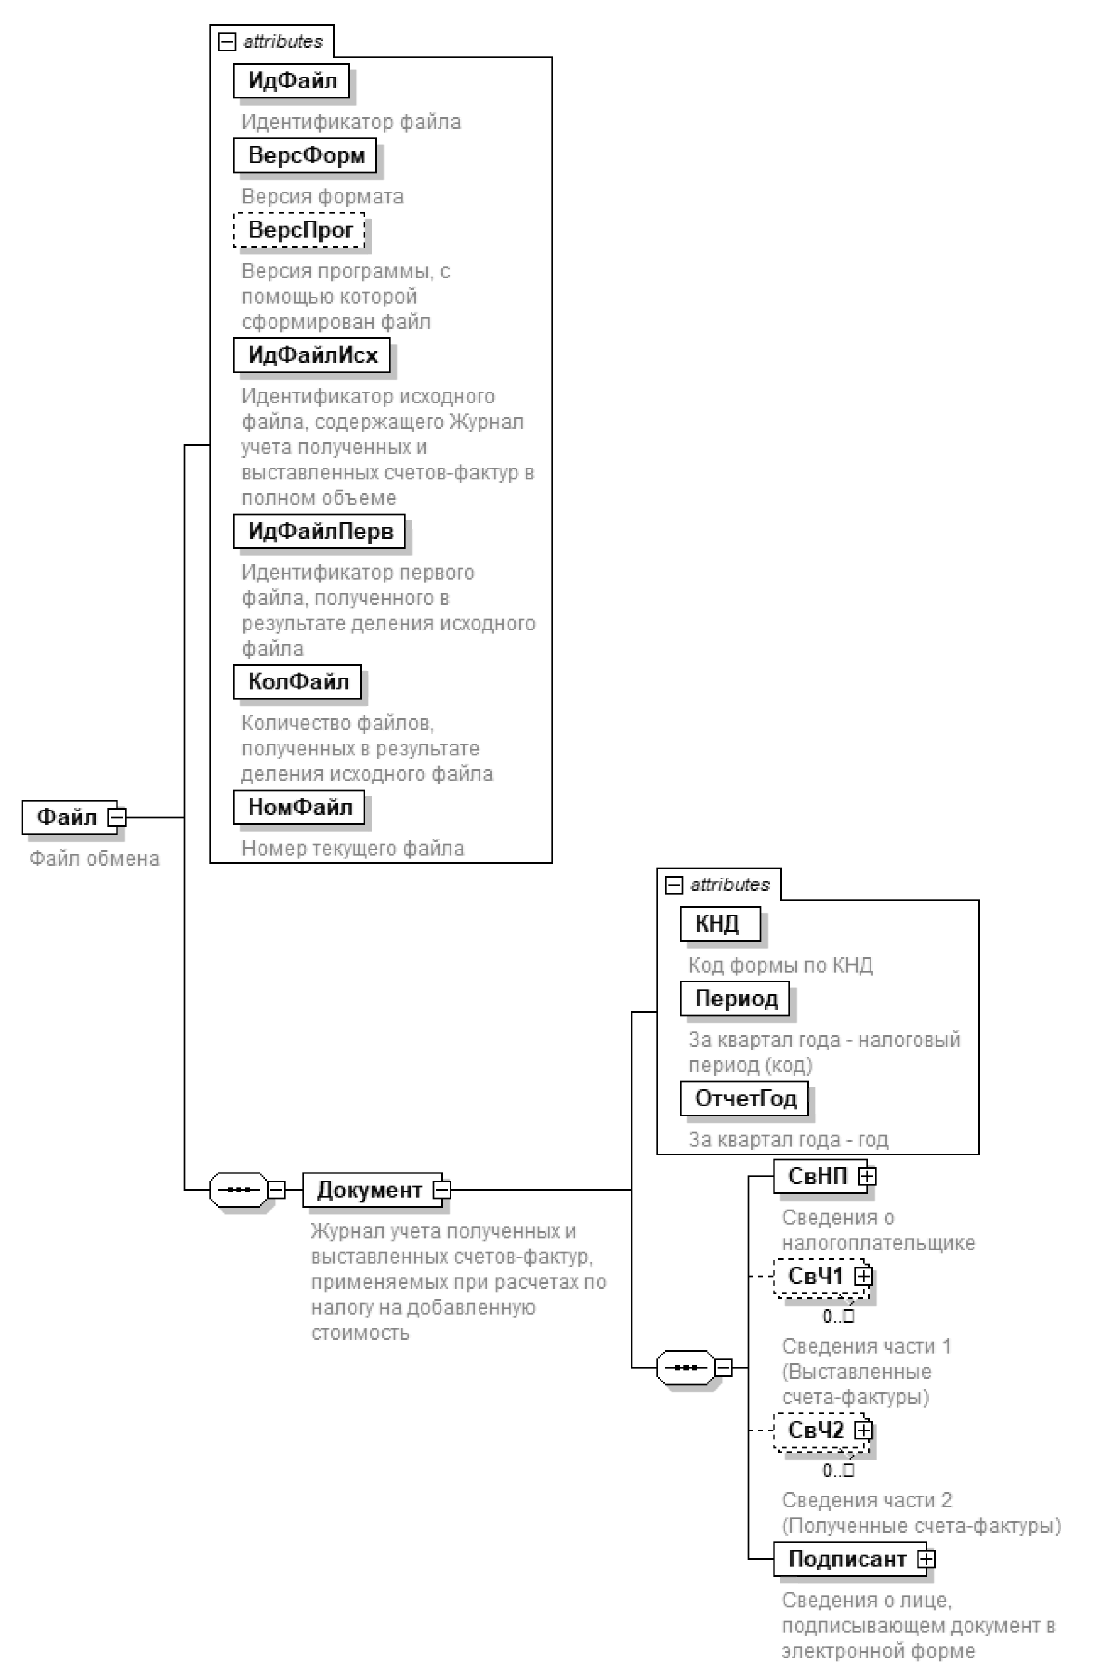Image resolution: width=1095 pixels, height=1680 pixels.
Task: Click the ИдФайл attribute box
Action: (291, 81)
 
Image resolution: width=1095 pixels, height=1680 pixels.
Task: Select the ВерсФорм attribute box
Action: (304, 155)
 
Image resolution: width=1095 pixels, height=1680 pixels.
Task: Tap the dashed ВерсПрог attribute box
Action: (299, 230)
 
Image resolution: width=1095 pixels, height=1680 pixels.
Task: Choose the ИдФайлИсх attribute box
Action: (311, 355)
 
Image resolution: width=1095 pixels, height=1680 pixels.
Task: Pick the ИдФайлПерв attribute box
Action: (319, 532)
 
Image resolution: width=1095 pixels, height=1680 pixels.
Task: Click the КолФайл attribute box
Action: (297, 682)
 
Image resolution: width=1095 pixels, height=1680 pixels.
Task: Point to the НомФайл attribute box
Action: (299, 807)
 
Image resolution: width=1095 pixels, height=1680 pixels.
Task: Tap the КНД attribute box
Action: (720, 924)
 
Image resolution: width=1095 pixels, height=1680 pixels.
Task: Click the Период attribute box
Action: (735, 999)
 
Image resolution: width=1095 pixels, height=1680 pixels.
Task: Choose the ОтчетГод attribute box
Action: (744, 1099)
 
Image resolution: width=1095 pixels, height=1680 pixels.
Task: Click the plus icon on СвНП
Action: (867, 1176)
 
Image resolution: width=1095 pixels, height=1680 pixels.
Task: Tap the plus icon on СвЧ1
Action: (863, 1276)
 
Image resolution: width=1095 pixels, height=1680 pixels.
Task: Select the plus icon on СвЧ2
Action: (863, 1430)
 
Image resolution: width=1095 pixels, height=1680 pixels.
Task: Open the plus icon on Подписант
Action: (926, 1559)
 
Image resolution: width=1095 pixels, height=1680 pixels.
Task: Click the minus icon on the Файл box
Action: (117, 817)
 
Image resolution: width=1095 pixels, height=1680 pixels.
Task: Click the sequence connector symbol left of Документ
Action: (239, 1190)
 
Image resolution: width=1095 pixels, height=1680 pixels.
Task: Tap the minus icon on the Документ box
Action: (442, 1190)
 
